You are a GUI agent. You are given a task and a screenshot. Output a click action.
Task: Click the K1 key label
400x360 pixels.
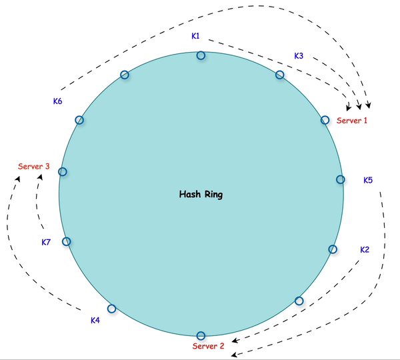point(195,36)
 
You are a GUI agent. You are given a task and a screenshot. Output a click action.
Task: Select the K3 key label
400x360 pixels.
point(299,56)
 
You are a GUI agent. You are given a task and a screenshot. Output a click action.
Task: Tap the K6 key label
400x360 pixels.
point(58,101)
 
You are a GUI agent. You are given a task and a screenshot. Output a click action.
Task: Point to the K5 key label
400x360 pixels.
point(368,180)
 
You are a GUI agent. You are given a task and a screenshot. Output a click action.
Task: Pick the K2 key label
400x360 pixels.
point(365,250)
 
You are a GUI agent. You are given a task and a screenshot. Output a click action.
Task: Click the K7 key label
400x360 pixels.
point(46,243)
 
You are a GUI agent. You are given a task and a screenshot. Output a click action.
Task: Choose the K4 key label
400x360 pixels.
point(95,321)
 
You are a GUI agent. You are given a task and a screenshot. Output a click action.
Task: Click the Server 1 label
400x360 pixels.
point(352,121)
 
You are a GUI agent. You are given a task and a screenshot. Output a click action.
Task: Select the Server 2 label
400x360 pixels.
point(209,346)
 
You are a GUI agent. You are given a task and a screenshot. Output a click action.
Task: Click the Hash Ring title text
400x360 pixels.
point(201,195)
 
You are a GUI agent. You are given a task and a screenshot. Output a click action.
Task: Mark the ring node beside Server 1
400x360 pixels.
point(325,120)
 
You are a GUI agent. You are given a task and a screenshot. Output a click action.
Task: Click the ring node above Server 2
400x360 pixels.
point(201,335)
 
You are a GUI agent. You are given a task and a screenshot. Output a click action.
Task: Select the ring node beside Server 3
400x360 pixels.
point(63,171)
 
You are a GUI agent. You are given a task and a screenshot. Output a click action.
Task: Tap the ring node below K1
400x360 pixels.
point(201,56)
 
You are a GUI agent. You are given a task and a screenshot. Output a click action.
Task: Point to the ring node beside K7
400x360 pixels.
point(66,241)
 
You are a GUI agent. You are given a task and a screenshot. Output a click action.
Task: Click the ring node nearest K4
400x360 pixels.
point(111,309)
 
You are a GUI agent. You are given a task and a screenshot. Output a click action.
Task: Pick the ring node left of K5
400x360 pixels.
point(340,179)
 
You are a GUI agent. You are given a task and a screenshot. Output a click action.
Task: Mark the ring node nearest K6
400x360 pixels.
point(79,120)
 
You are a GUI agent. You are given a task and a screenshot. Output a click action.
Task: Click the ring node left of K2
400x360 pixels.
point(333,249)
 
